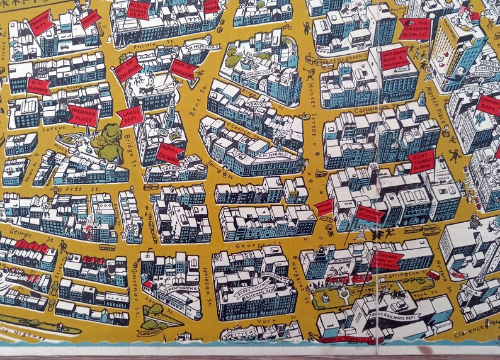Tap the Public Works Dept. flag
(138, 9)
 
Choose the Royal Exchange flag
(171, 151)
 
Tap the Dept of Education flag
(129, 72)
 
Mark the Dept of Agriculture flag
(183, 70)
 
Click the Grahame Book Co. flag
(414, 28)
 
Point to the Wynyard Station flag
(369, 215)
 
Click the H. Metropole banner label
(202, 48)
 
